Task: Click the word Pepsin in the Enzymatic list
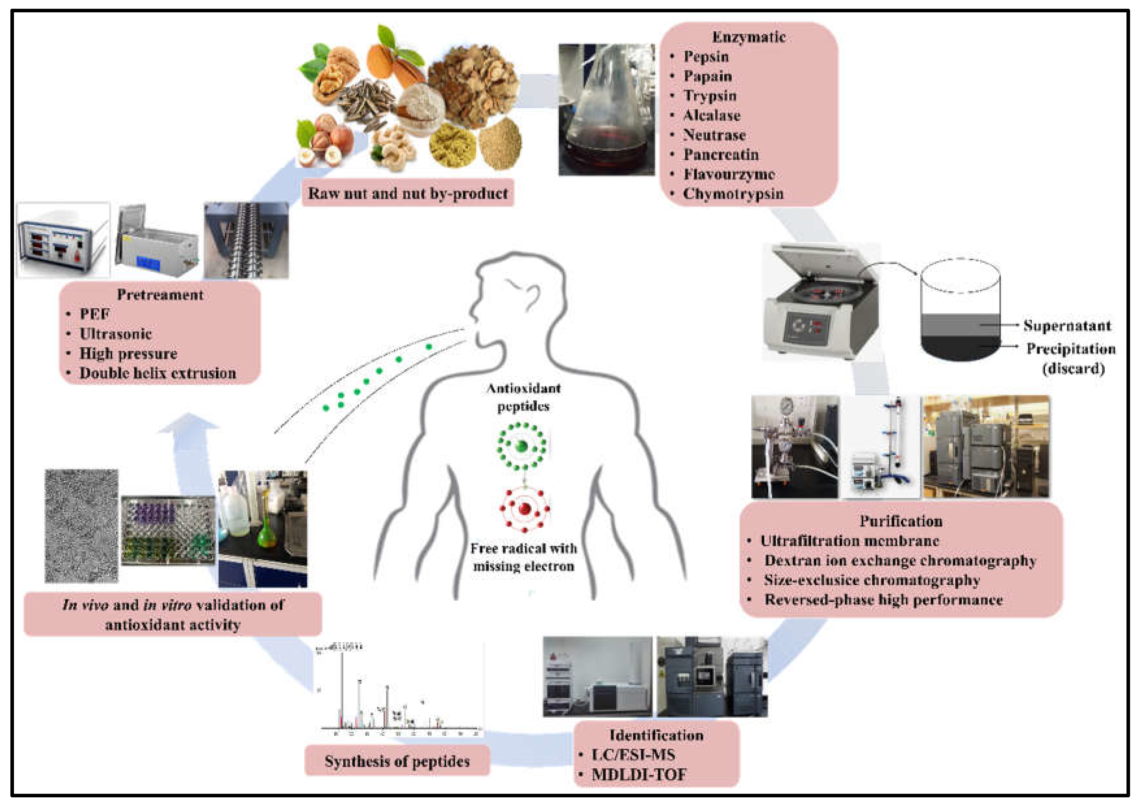point(706,57)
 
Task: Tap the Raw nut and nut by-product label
point(408,193)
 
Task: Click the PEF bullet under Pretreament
point(94,314)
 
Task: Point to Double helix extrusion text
point(158,373)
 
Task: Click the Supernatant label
point(1067,326)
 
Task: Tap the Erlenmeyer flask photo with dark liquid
point(606,110)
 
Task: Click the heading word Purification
point(900,521)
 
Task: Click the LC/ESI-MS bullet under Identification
point(633,754)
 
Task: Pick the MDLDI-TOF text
point(639,775)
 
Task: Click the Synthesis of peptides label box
point(397,761)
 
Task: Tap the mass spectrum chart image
point(399,691)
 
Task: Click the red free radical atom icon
point(524,509)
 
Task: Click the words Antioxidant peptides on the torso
point(523,397)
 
